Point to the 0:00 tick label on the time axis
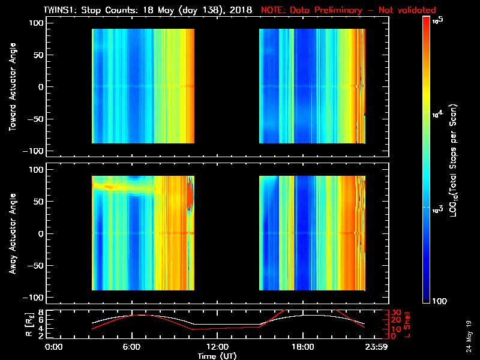pos(53,347)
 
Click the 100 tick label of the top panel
pos(37,23)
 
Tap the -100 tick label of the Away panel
pos(35,298)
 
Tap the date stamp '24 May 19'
pos(467,336)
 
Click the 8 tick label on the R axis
pos(41,313)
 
